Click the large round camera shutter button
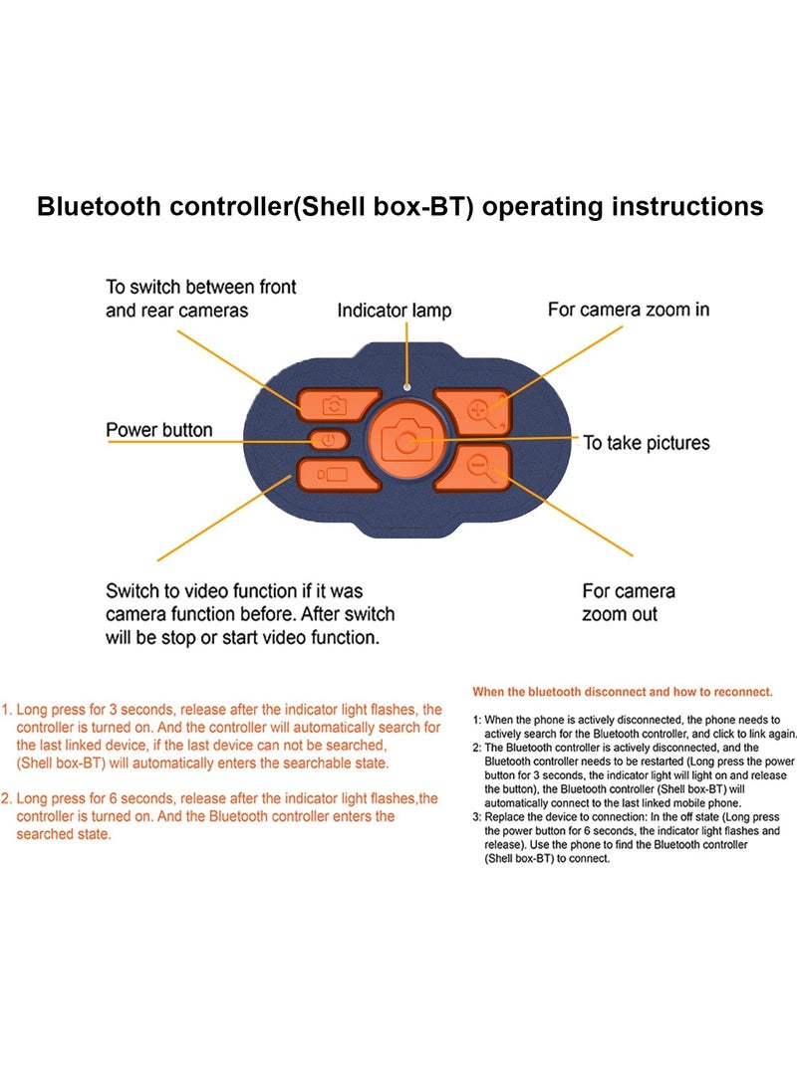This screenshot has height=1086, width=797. tap(407, 439)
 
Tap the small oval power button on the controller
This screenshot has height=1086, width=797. tap(328, 440)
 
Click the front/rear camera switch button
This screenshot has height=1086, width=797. tap(337, 404)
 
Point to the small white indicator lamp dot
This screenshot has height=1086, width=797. tap(407, 387)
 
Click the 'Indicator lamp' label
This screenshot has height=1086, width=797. tap(395, 311)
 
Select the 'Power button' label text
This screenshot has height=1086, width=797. tap(159, 430)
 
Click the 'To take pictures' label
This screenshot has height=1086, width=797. tap(647, 443)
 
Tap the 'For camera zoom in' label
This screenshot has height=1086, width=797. tap(629, 310)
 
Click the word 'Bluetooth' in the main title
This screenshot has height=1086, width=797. tap(99, 206)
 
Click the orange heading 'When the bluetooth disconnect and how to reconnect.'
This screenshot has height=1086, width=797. tap(623, 692)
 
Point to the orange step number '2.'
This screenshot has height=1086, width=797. tap(7, 798)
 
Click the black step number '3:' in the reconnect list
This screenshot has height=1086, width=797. tap(477, 817)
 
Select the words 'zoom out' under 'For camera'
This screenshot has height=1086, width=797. tap(620, 614)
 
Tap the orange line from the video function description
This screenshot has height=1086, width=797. tap(224, 518)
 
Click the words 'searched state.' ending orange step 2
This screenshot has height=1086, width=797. tap(64, 834)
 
